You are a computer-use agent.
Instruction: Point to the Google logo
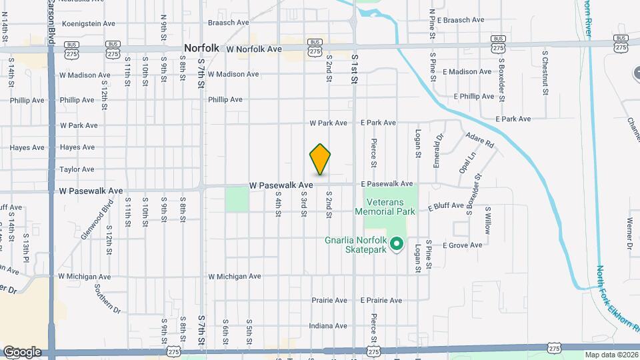22,352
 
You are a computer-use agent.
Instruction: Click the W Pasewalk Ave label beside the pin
281,185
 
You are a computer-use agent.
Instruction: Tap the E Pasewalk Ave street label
387,183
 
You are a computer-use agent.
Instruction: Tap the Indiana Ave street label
328,326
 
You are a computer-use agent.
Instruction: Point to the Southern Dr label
107,299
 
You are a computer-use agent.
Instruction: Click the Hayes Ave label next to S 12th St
77,147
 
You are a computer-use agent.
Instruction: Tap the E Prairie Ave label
381,301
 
